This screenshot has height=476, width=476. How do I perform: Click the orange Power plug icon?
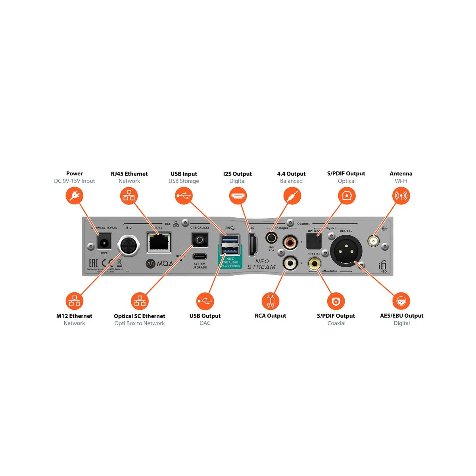(74, 196)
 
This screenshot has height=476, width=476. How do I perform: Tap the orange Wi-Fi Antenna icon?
(401, 196)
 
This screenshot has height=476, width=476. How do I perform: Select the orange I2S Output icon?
(238, 196)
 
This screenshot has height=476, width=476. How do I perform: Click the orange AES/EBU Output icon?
(401, 301)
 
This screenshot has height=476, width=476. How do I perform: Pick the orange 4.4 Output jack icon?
(292, 196)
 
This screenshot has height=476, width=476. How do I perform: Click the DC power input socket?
(104, 242)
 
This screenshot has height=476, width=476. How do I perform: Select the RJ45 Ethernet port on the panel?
(159, 242)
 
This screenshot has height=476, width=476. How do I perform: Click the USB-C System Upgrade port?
(200, 256)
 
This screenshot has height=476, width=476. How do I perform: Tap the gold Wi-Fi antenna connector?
(373, 240)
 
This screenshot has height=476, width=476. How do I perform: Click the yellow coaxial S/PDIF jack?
(315, 263)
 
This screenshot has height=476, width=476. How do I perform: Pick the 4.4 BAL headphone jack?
(272, 238)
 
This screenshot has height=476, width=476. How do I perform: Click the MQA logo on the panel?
(159, 263)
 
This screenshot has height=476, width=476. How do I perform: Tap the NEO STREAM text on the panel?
(261, 264)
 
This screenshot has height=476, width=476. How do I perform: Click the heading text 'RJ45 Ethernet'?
(129, 174)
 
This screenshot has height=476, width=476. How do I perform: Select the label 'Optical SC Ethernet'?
(140, 316)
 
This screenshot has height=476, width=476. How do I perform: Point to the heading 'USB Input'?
(184, 174)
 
